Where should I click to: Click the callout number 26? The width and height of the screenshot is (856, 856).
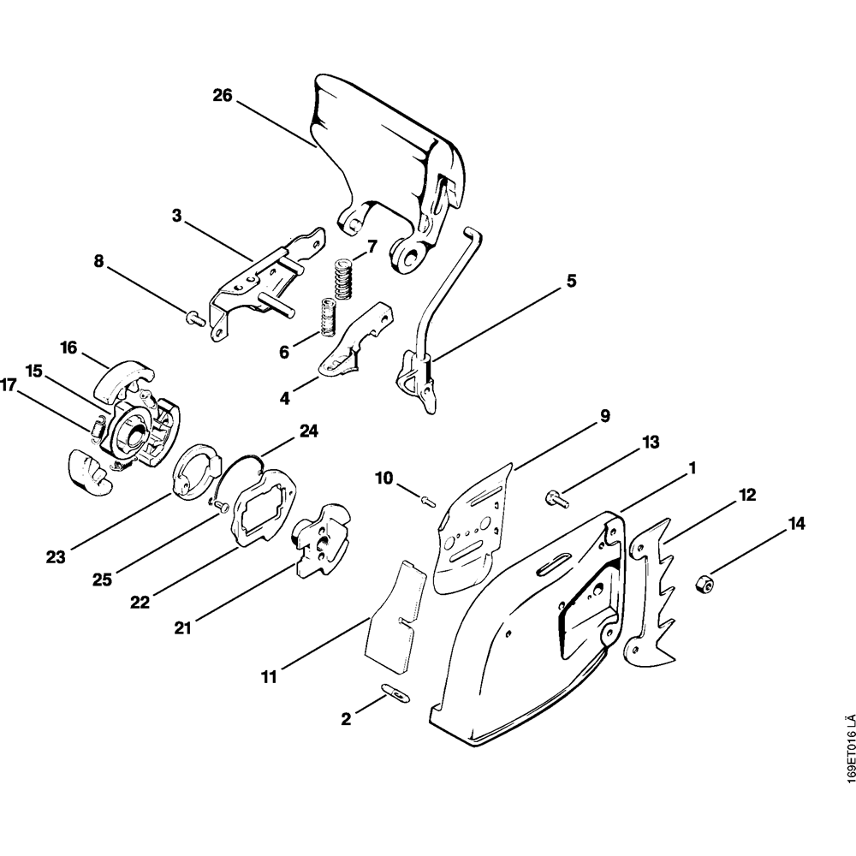pos(223,96)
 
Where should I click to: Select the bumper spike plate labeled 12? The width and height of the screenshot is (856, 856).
pos(657,591)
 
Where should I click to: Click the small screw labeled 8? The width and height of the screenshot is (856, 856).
pos(192,318)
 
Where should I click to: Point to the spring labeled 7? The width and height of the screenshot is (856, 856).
pos(343,280)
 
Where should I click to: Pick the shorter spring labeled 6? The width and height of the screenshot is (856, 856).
pos(326,318)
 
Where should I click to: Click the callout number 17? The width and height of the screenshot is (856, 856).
pos(9,386)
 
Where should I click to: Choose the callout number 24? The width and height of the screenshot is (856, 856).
pos(309,431)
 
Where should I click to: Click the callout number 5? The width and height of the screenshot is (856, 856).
pos(571,280)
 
